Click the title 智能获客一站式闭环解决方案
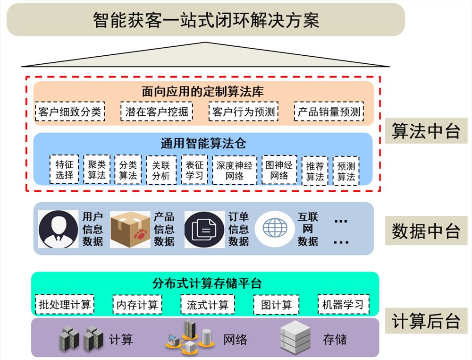click(206, 20)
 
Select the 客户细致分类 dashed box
click(70, 112)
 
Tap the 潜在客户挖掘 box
click(157, 112)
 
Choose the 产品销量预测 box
click(329, 112)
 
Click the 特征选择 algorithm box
click(64, 170)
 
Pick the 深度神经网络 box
click(235, 170)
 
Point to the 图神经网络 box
click(279, 170)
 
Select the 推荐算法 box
click(315, 171)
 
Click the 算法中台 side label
click(426, 131)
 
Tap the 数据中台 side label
click(426, 231)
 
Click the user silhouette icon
click(59, 229)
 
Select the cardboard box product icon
click(130, 230)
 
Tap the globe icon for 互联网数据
click(275, 228)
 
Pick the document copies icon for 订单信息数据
click(204, 230)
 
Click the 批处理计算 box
click(64, 305)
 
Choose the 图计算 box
click(276, 305)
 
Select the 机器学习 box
click(344, 305)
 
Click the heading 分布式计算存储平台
click(207, 283)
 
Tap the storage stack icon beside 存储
click(295, 338)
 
